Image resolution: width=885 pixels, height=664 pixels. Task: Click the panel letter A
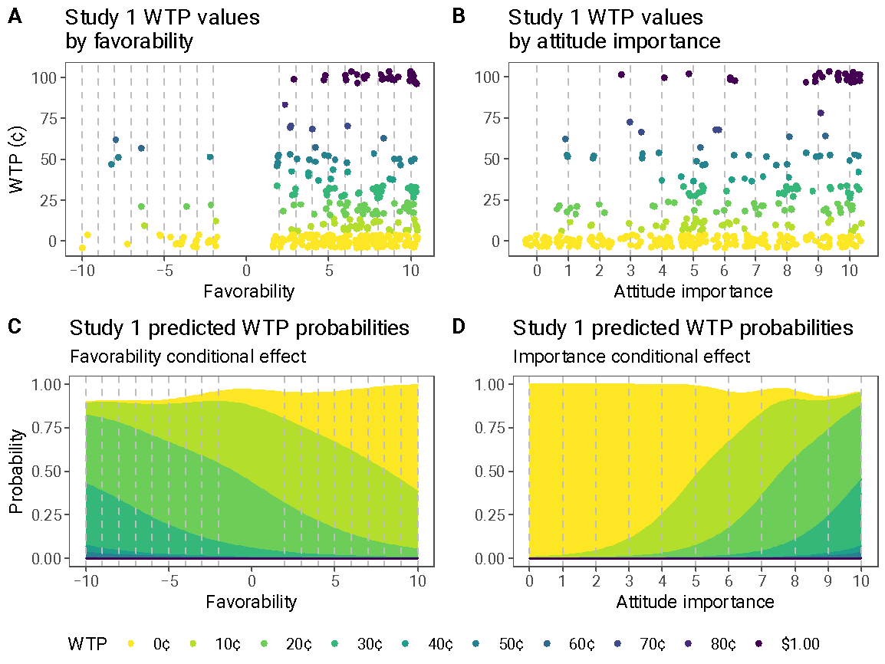(15, 17)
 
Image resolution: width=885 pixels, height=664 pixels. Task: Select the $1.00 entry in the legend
(794, 644)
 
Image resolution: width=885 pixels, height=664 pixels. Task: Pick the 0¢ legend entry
(153, 644)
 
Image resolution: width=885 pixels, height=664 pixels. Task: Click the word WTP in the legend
(87, 644)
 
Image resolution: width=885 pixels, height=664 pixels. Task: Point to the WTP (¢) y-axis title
(18, 159)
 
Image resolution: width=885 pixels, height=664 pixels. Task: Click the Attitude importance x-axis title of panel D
(695, 602)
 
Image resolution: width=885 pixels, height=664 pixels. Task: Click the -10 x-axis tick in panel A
(82, 271)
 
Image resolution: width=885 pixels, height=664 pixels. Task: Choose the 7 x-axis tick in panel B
(755, 271)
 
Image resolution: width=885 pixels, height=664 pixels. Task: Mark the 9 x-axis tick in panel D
(827, 581)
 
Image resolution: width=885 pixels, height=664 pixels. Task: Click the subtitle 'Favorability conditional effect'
(188, 357)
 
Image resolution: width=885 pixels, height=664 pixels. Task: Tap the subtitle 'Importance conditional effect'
(631, 357)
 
